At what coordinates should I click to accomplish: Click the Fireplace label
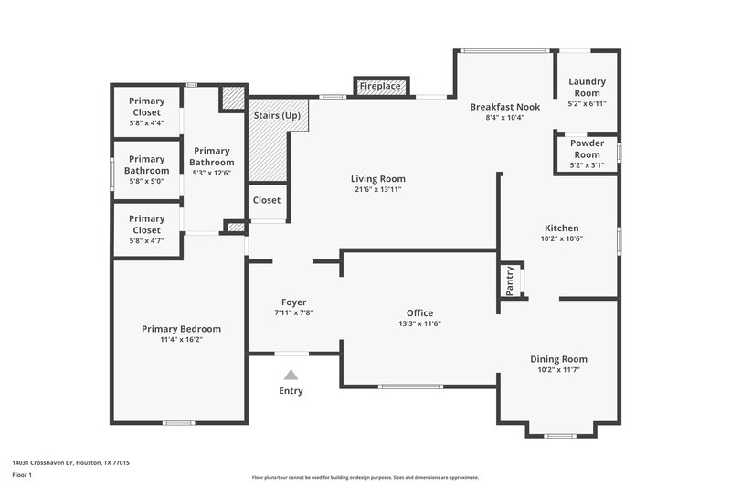click(380, 86)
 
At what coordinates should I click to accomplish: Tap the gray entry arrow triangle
click(291, 375)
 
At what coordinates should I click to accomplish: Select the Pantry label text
click(510, 281)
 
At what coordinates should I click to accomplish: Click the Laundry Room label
click(587, 87)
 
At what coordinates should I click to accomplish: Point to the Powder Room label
click(587, 148)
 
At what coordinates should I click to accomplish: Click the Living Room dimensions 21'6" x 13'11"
click(377, 189)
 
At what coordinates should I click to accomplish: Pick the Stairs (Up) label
click(277, 116)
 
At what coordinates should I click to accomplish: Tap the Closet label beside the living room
click(267, 200)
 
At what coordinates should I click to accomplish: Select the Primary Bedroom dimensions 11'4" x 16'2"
click(181, 340)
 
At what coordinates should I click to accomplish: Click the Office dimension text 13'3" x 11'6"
click(419, 323)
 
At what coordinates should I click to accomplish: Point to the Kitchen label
click(561, 228)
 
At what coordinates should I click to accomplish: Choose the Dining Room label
click(558, 359)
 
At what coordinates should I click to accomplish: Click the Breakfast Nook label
click(504, 107)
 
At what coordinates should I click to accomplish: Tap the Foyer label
click(293, 302)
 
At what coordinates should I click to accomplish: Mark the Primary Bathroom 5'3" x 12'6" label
click(212, 156)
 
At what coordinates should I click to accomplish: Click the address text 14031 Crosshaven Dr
click(46, 463)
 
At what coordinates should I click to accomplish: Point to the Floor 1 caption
click(21, 476)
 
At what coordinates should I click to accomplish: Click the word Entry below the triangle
click(291, 391)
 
